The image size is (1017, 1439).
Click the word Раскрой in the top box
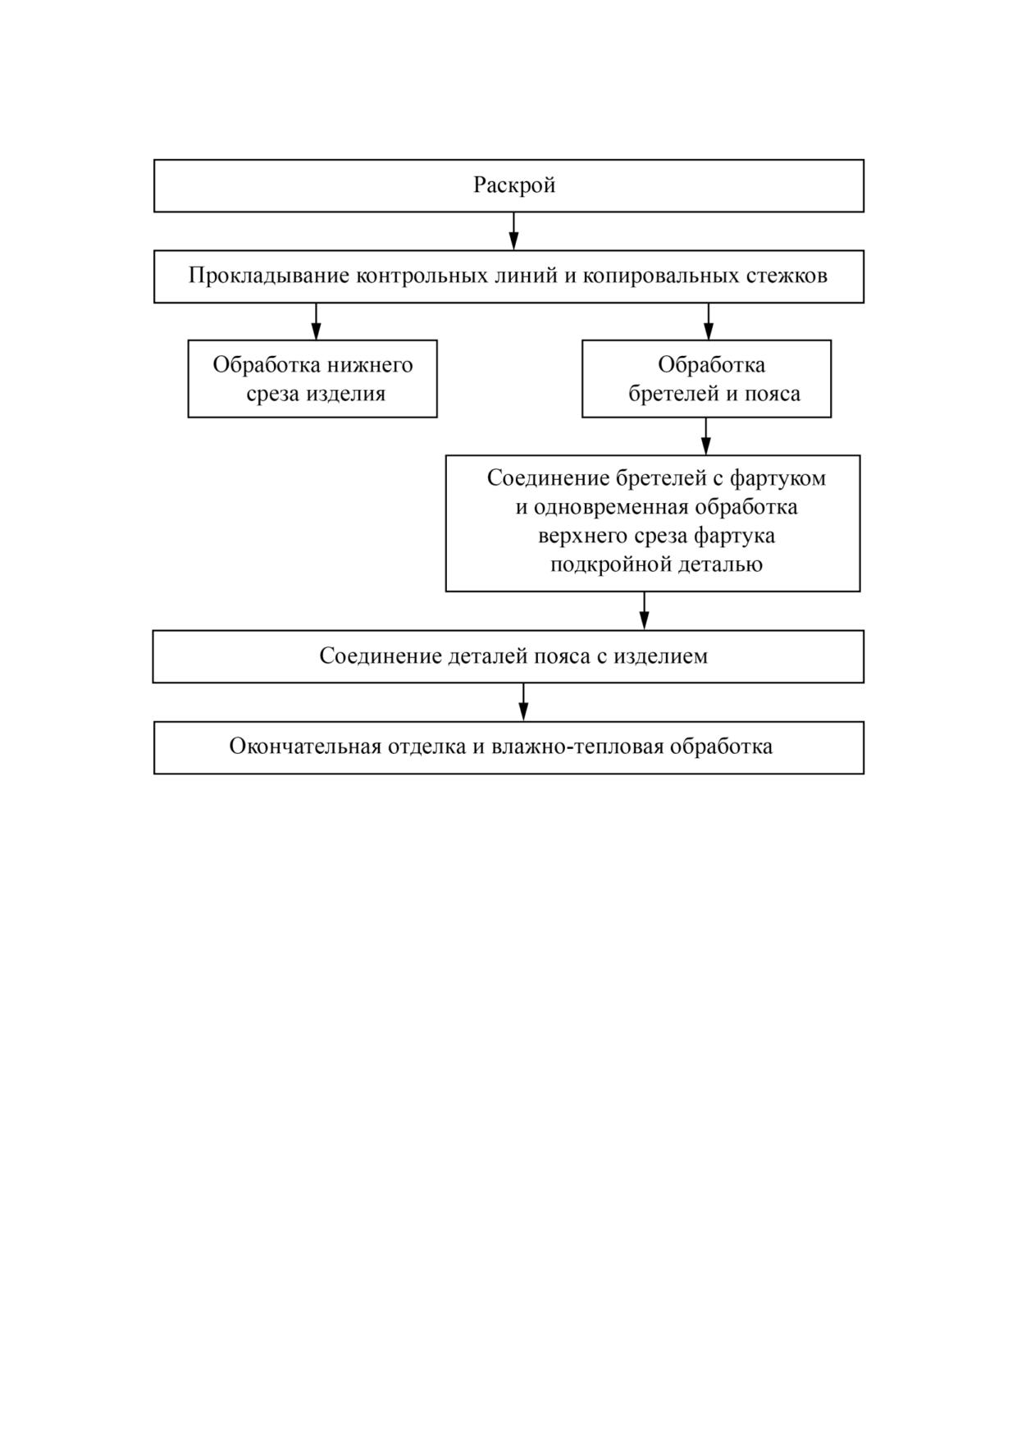(514, 185)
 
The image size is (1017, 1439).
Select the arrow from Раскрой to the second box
(513, 231)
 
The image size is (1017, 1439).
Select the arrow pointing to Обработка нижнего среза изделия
(317, 321)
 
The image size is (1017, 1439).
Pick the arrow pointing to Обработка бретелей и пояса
(709, 321)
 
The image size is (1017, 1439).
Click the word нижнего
(370, 365)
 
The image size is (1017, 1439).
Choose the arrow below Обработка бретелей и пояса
(706, 436)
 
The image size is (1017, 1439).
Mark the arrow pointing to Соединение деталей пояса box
(645, 610)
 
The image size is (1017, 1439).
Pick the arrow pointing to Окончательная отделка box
(524, 701)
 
